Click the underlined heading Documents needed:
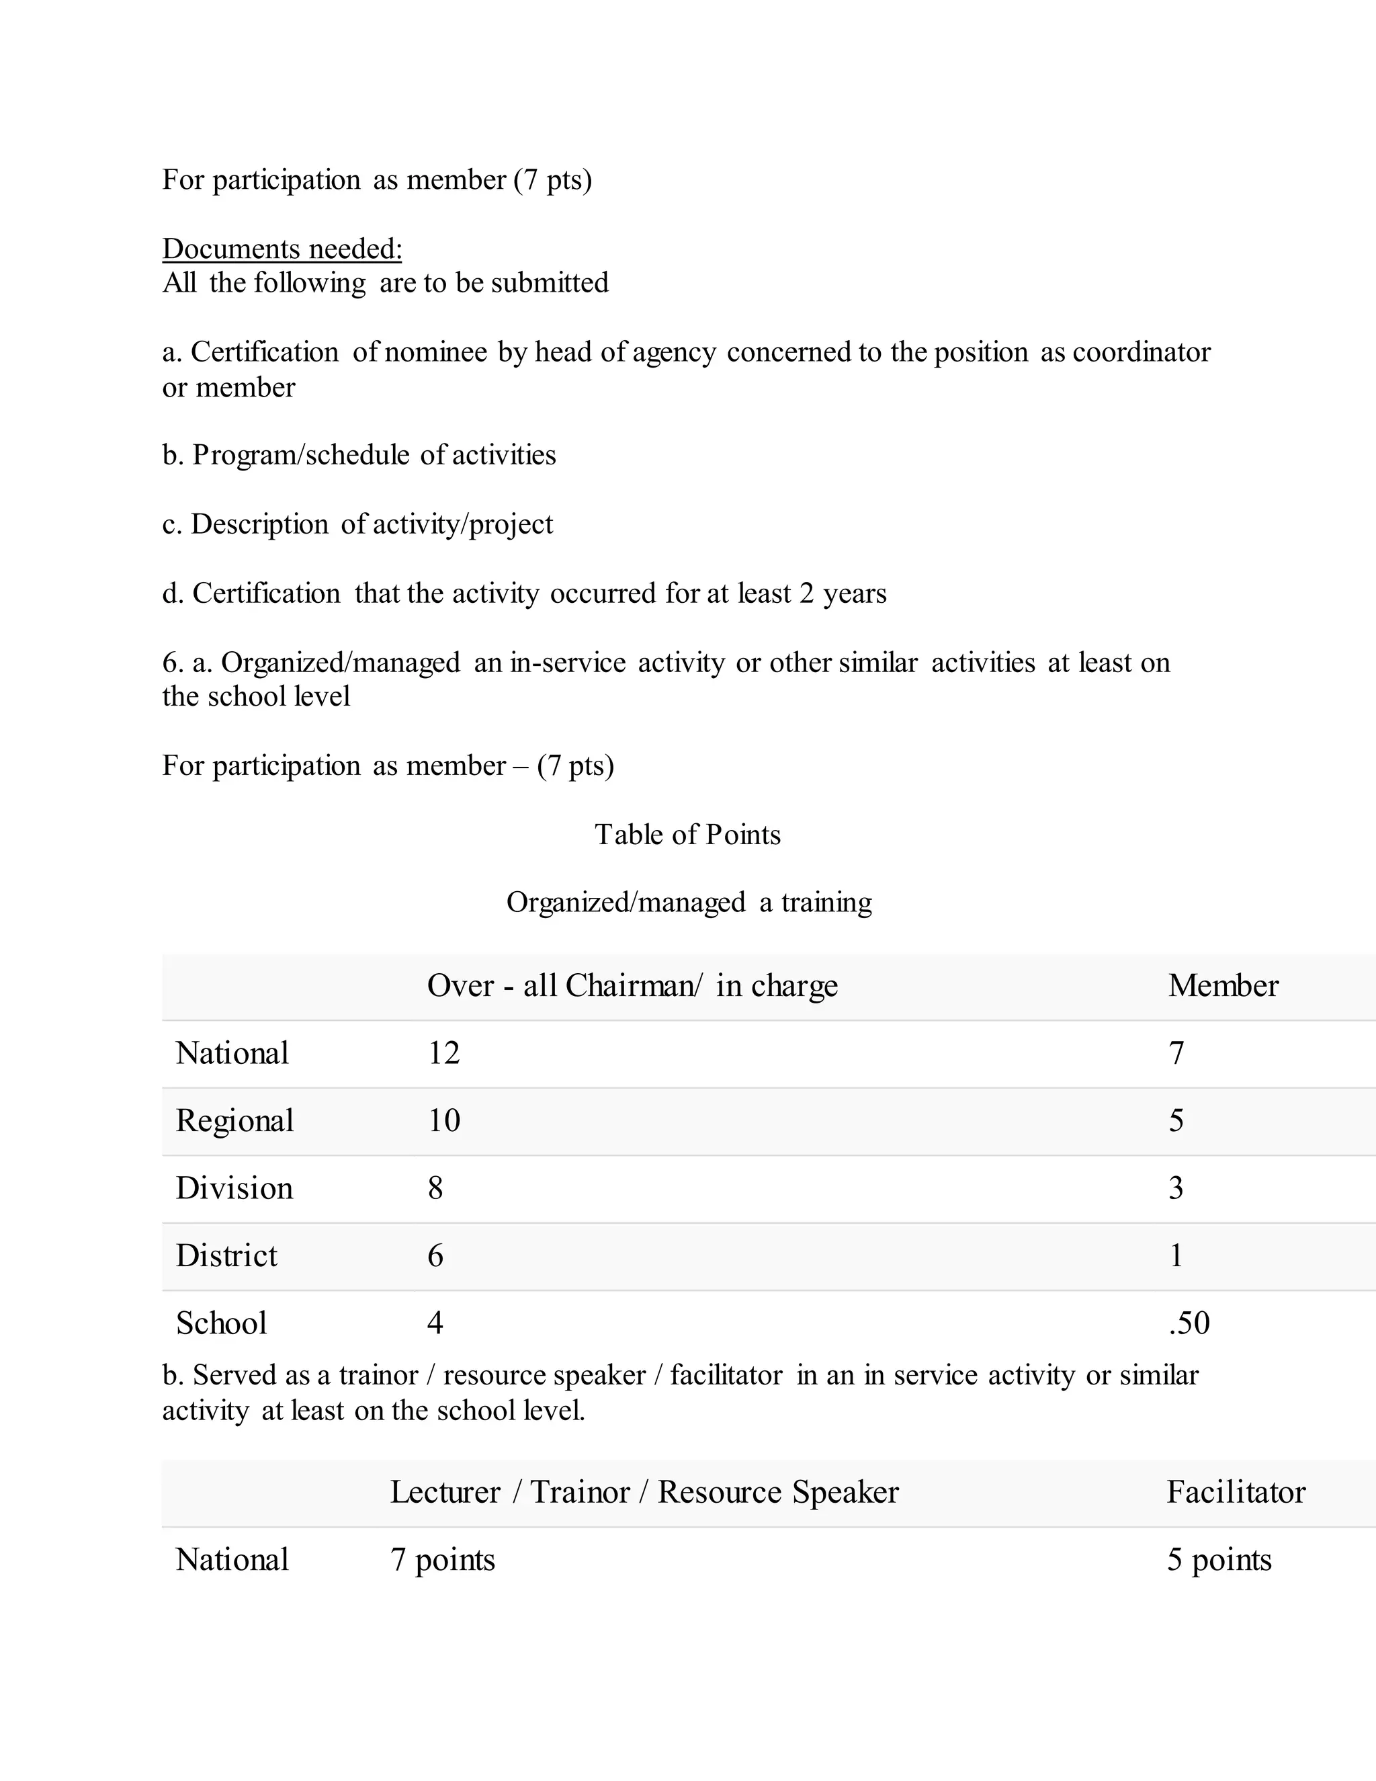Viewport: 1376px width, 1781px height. click(x=282, y=249)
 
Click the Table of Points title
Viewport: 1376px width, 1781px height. click(x=687, y=834)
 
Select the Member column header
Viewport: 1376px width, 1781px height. click(x=1223, y=986)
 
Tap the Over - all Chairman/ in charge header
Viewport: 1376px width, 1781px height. click(x=632, y=986)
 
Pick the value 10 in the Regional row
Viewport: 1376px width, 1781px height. click(x=443, y=1120)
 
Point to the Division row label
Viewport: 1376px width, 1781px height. click(x=234, y=1188)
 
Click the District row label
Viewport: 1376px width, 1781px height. click(x=226, y=1256)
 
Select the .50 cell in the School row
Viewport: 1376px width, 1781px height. click(x=1189, y=1323)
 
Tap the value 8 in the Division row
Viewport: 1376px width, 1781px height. click(x=435, y=1188)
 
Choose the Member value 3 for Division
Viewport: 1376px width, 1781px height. click(x=1176, y=1188)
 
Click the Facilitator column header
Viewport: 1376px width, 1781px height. click(x=1235, y=1492)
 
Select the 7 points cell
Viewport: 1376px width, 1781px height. click(x=443, y=1560)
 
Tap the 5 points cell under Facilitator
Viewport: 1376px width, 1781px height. click(x=1219, y=1560)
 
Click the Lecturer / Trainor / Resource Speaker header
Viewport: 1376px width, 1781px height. click(x=644, y=1492)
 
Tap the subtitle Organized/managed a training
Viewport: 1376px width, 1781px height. click(x=689, y=902)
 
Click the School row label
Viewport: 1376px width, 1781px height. click(x=221, y=1323)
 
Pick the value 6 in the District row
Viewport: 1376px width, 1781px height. click(x=435, y=1256)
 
